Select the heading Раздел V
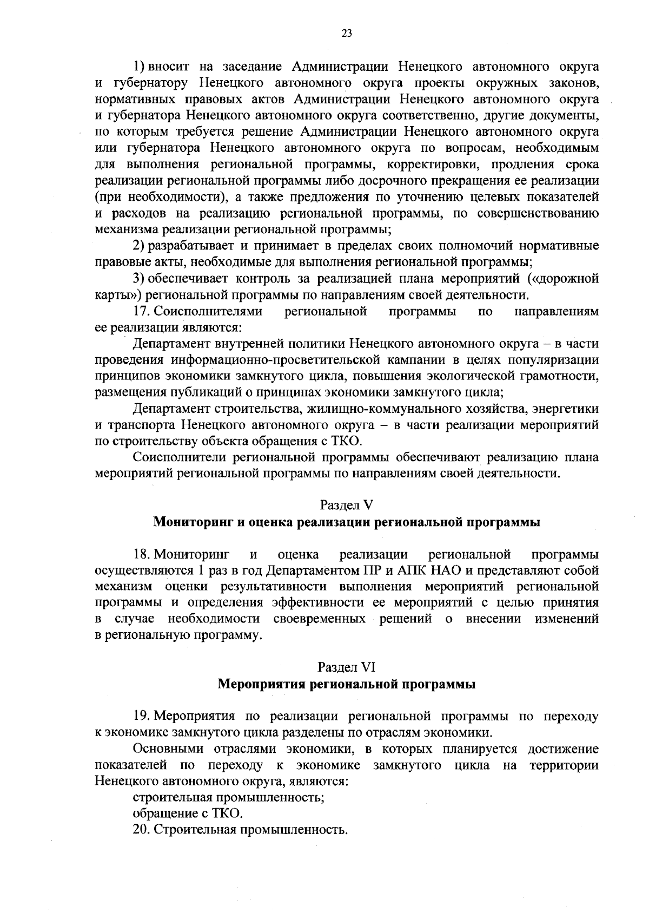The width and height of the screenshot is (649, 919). [x=347, y=505]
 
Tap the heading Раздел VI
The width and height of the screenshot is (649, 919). [x=347, y=667]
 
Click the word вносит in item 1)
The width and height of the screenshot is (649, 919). [x=169, y=67]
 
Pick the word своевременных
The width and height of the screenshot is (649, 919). [x=319, y=619]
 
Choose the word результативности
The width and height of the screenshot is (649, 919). [x=273, y=587]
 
